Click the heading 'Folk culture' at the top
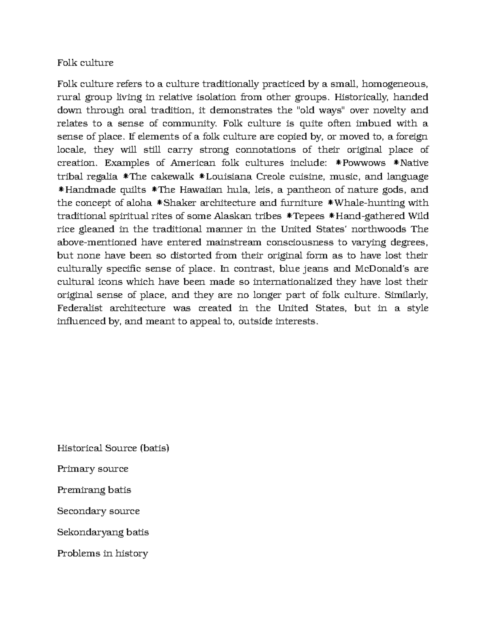coord(85,63)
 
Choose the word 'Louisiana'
coord(228,177)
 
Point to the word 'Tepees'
coord(308,216)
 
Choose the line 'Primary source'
coord(93,469)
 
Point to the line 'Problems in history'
coord(102,553)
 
